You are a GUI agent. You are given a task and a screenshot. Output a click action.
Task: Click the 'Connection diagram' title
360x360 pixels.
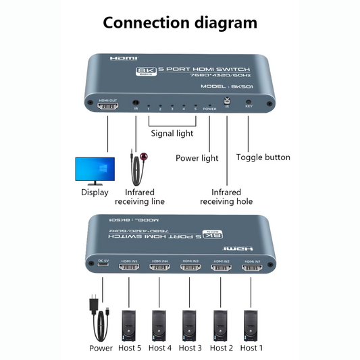point(180,22)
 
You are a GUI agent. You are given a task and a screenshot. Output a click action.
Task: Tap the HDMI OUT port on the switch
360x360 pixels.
point(108,107)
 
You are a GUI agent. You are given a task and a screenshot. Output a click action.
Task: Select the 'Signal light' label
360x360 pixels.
point(172,133)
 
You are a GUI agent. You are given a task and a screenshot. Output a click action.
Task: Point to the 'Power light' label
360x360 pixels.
point(197,158)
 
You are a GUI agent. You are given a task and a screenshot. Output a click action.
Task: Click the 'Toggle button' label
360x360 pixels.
point(263,157)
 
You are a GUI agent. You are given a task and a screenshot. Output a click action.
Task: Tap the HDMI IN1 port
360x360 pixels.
point(253,268)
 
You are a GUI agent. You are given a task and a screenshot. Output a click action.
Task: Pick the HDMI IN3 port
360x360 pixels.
point(190,268)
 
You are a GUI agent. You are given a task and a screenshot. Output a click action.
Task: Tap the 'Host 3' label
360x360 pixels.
point(190,348)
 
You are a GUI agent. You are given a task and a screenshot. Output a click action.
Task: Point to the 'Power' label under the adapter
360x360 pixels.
point(101,348)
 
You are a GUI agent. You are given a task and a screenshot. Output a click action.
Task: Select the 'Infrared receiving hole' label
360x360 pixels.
point(226,197)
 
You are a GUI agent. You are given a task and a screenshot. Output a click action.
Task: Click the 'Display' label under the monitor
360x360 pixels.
point(95,192)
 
